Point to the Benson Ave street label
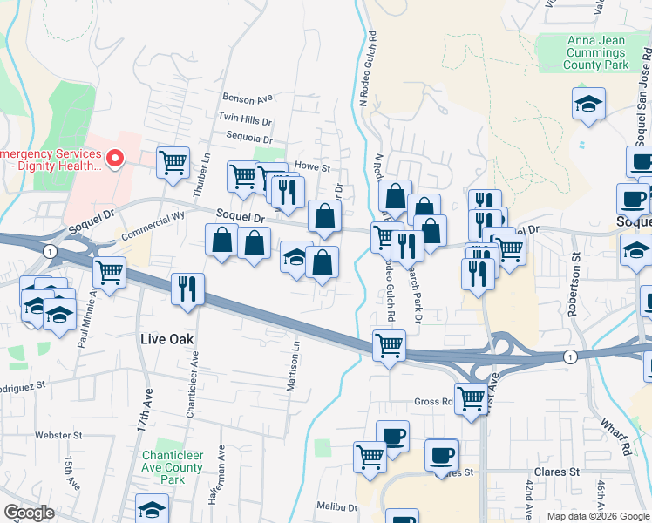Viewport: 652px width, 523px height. coord(248,98)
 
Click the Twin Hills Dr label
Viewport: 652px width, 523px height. coord(245,118)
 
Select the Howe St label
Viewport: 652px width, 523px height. coord(313,166)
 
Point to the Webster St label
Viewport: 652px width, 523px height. coord(58,435)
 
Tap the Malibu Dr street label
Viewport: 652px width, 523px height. coord(337,506)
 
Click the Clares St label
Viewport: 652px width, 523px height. coord(562,472)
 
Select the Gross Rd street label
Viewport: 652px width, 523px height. coord(434,403)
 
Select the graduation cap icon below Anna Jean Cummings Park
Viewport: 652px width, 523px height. coord(589,105)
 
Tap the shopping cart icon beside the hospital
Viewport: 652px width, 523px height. coord(173,161)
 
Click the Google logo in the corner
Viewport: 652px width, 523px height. coord(29,513)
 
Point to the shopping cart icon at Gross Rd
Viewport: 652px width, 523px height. coord(471,399)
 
